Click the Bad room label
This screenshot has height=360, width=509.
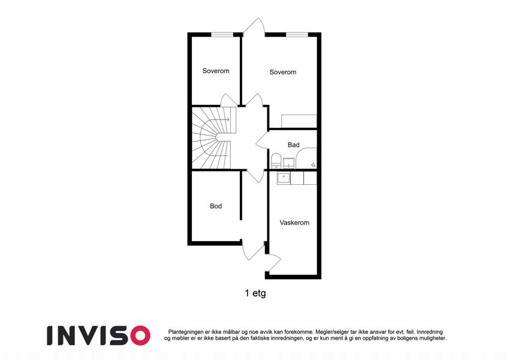click(293, 145)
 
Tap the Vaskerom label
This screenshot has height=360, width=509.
click(294, 223)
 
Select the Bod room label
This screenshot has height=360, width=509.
click(216, 206)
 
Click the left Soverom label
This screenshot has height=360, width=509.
click(216, 71)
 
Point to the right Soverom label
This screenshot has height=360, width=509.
click(283, 72)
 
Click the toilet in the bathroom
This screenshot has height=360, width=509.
click(276, 161)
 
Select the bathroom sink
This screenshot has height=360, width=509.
click(288, 163)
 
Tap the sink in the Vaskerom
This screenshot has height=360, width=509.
click(284, 178)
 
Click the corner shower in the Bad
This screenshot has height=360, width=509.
click(306, 158)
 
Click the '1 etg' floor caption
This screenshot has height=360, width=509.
click(255, 293)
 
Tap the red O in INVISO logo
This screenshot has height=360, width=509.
click(140, 335)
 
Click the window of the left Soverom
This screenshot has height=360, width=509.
click(222, 34)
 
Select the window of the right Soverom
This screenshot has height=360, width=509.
click(297, 34)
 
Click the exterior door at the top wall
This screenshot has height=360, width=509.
click(254, 26)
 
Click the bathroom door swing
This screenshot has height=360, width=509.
click(263, 140)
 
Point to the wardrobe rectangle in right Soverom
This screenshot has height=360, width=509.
click(299, 121)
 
